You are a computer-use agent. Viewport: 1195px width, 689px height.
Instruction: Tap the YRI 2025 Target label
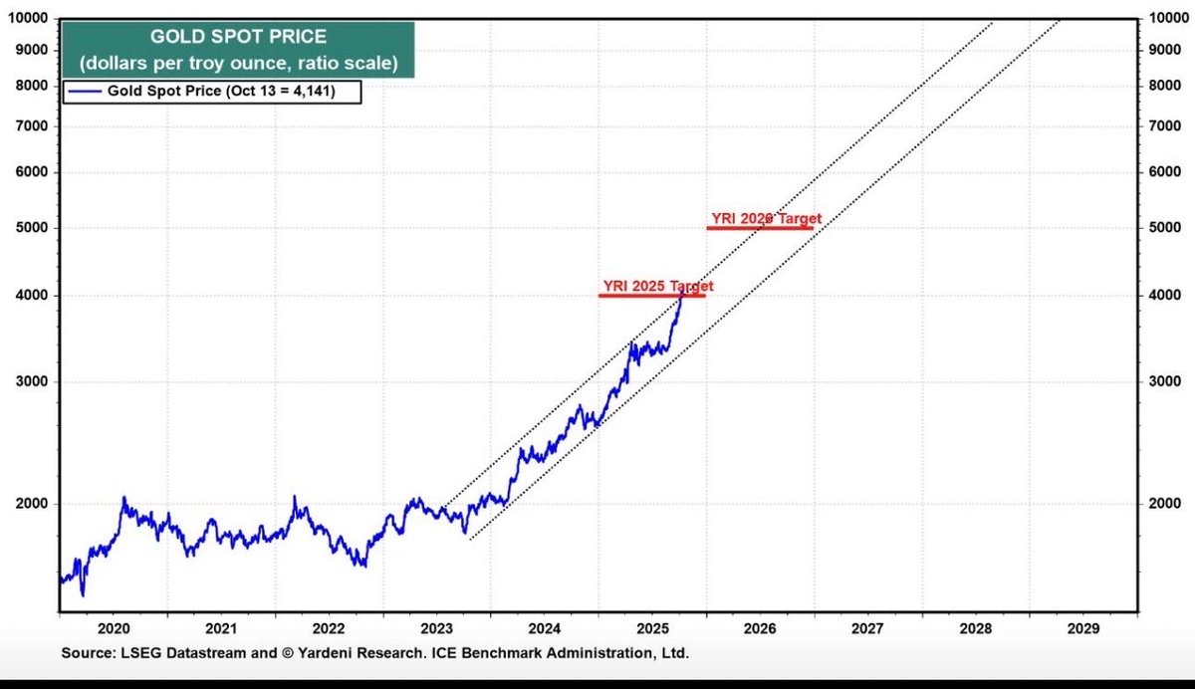(x=658, y=286)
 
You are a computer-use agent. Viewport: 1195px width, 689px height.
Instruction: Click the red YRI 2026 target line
(x=760, y=228)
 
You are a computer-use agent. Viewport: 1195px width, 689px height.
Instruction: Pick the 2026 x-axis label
(x=759, y=629)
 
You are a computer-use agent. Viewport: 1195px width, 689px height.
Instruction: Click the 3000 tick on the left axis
(x=32, y=382)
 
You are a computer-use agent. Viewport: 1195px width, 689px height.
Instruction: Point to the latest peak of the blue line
(x=682, y=290)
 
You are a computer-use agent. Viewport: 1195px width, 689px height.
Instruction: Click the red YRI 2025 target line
(x=651, y=296)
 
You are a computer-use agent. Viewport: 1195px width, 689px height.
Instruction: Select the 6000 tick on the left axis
(x=32, y=172)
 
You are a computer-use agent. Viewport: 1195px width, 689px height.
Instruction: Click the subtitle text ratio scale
(x=352, y=64)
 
